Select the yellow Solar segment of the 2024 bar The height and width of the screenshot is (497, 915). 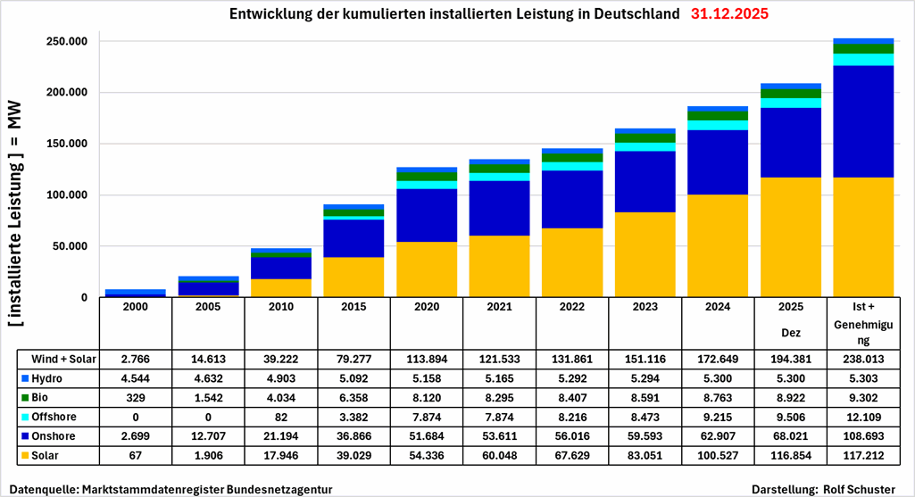pos(718,245)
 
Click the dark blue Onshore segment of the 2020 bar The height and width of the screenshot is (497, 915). pos(426,215)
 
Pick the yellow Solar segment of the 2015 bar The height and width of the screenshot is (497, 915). pos(353,277)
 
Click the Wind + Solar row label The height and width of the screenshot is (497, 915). pos(62,359)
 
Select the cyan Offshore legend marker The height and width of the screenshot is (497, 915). pos(25,417)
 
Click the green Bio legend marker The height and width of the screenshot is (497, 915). pos(25,397)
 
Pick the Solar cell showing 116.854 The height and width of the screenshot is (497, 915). pos(790,456)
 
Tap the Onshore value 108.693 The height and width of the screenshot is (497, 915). pos(863,436)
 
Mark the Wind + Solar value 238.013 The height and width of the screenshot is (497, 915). pos(863,359)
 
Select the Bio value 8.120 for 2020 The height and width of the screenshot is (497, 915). pos(426,398)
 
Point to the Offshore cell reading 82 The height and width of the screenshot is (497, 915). pos(280,417)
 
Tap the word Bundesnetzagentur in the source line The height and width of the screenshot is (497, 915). pos(278,490)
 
